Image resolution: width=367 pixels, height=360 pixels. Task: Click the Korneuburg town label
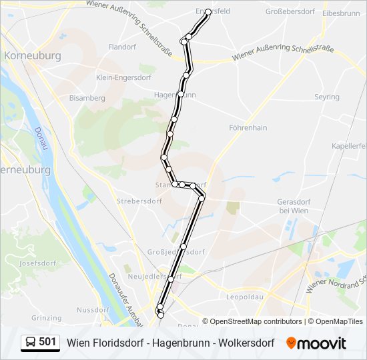pyautogui.click(x=33, y=56)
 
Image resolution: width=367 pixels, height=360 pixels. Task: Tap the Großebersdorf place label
pyautogui.click(x=290, y=12)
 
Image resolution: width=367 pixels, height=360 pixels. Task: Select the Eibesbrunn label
pyautogui.click(x=340, y=13)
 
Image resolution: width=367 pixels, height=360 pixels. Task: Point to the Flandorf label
pyautogui.click(x=121, y=47)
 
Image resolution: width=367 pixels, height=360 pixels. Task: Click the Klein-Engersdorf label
pyautogui.click(x=123, y=77)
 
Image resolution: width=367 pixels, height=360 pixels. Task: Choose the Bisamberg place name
pyautogui.click(x=87, y=98)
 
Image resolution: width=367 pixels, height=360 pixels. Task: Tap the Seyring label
pyautogui.click(x=327, y=97)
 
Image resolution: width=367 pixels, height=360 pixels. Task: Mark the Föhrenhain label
pyautogui.click(x=248, y=127)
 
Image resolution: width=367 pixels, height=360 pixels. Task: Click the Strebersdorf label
pyautogui.click(x=135, y=200)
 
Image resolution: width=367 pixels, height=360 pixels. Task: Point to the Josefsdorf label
pyautogui.click(x=37, y=263)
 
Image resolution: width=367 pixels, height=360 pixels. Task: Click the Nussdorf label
pyautogui.click(x=93, y=310)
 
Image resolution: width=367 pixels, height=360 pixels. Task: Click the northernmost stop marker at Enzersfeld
pyautogui.click(x=209, y=12)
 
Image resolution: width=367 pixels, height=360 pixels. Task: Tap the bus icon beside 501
pyautogui.click(x=31, y=343)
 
